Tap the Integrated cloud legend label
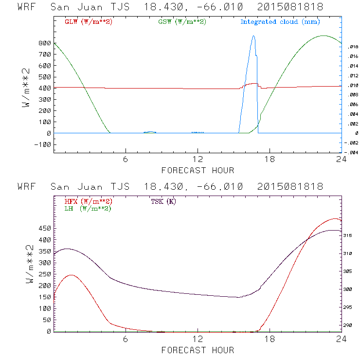[x=280, y=22]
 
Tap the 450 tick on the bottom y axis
[x=44, y=228]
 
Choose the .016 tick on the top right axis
[x=353, y=56]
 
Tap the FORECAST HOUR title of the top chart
[x=198, y=170]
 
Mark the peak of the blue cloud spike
[x=253, y=36]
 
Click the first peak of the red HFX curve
[x=72, y=275]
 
